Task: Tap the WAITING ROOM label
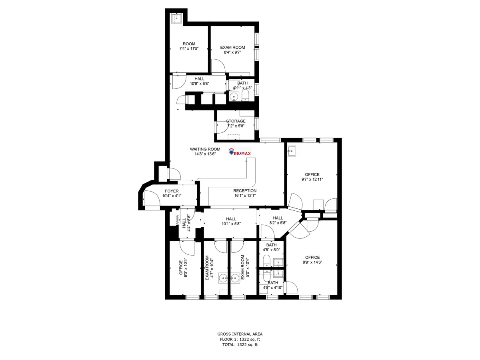[x=205, y=149]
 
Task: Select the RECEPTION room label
[x=245, y=191]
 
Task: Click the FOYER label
[x=172, y=191]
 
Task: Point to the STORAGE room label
[x=236, y=121]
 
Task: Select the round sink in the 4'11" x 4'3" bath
[x=234, y=96]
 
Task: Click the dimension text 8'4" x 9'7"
[x=232, y=52]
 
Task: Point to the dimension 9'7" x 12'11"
[x=312, y=179]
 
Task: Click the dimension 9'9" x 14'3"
[x=312, y=262]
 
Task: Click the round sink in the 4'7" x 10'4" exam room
[x=223, y=278]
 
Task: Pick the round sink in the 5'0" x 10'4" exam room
[x=236, y=278]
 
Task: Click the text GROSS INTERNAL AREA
[x=240, y=334]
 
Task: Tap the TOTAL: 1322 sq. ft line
[x=240, y=344]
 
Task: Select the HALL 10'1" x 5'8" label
[x=231, y=221]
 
